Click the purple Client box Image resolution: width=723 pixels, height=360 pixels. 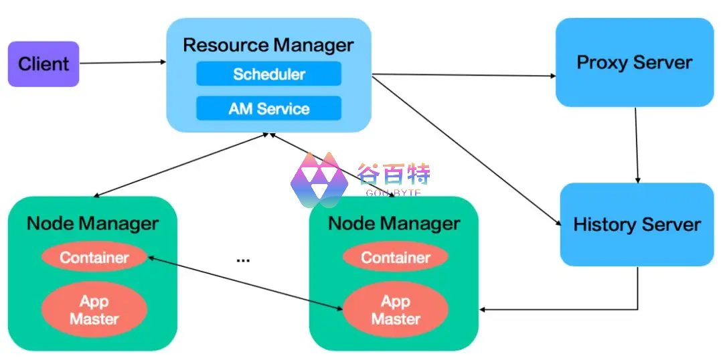coord(44,64)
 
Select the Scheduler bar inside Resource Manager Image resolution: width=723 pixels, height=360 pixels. coord(268,74)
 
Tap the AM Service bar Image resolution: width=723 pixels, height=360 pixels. coord(268,108)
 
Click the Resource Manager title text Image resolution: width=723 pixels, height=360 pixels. coord(268,46)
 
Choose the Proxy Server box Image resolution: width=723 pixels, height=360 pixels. coord(634,63)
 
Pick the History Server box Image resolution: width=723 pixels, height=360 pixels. coord(637,224)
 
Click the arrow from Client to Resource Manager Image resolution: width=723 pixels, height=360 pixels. coord(123,63)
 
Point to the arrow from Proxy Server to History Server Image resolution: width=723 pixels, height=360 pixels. coord(636,144)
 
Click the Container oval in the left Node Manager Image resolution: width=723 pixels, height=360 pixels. coord(94,258)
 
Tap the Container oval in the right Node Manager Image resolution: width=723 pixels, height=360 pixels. coord(396,258)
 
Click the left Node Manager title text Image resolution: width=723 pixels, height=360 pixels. coord(93,223)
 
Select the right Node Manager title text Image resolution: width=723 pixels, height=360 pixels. coord(394,223)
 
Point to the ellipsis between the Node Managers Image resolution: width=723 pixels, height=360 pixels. coord(243,259)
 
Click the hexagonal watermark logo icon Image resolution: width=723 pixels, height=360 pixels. coord(319,179)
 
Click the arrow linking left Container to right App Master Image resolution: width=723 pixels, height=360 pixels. coord(244,283)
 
